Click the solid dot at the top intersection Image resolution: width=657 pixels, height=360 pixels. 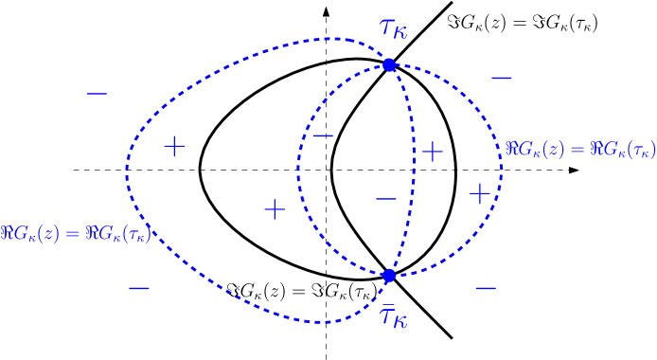(388, 64)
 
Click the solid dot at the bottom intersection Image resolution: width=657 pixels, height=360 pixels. (388, 276)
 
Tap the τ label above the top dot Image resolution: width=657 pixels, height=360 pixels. (393, 28)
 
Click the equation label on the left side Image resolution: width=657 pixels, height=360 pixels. (76, 233)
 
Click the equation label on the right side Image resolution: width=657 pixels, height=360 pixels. (579, 149)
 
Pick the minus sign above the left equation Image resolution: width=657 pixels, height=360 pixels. (97, 93)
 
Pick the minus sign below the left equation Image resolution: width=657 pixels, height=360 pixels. (138, 288)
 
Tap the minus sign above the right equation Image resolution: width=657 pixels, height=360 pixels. (502, 78)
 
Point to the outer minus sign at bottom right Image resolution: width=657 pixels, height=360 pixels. (485, 288)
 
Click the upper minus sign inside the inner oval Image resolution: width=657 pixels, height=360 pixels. (323, 136)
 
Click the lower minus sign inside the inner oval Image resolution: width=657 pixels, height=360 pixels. (385, 199)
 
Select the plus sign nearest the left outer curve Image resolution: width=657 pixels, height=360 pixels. (174, 146)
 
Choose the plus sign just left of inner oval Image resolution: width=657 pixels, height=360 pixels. (275, 209)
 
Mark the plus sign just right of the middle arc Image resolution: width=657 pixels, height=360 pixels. (432, 152)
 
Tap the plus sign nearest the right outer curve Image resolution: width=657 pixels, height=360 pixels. (480, 194)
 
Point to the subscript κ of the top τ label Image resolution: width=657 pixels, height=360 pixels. (401, 34)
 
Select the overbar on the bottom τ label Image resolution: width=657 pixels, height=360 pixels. (387, 303)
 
